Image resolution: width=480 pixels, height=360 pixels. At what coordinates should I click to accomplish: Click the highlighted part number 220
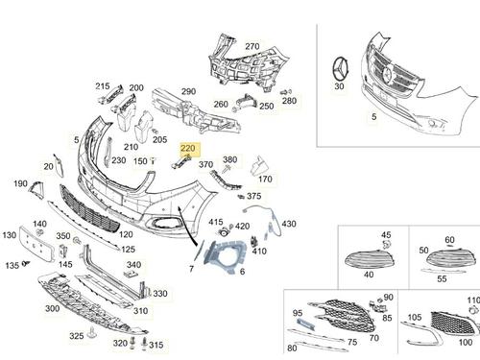187,148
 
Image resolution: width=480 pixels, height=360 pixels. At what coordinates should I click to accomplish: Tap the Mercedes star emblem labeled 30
342,69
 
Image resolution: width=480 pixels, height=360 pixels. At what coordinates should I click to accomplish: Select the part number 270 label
252,46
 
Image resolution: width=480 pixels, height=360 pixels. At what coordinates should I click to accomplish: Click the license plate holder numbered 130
36,244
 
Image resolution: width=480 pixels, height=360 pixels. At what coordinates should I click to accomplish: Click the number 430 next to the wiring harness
289,224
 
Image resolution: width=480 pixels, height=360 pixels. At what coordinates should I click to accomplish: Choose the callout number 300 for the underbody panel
53,308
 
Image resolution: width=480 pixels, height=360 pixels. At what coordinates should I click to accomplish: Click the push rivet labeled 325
93,332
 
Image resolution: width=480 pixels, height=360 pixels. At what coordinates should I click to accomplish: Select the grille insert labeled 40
369,259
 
